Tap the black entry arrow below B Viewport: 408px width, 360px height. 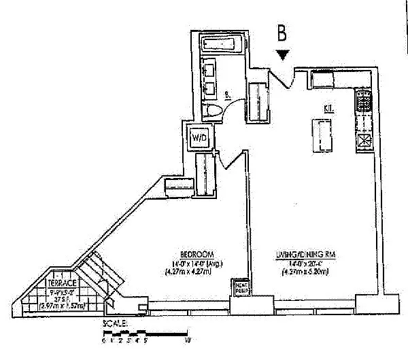[284, 54]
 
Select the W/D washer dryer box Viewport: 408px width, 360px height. [199, 138]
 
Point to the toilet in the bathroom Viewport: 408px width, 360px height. [211, 112]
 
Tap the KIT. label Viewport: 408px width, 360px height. [329, 108]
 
